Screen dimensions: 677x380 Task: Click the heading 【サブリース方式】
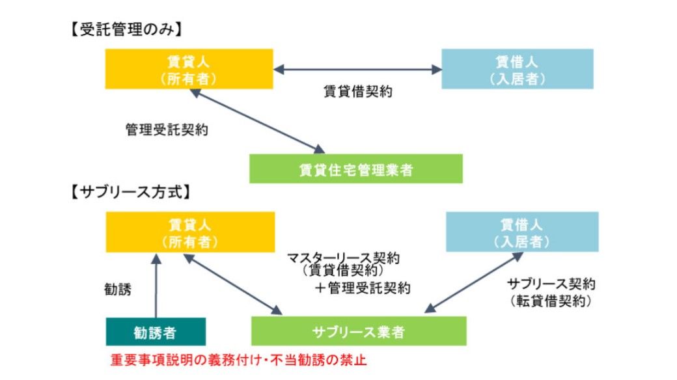pos(130,192)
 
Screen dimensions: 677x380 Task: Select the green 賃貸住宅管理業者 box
pos(356,169)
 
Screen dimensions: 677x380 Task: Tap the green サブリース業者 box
pos(359,331)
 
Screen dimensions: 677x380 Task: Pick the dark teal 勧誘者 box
pos(156,332)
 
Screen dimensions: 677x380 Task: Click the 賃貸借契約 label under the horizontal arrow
pos(358,92)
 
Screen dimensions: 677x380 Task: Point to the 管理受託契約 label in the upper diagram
pos(167,129)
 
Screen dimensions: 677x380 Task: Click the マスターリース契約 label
pos(344,258)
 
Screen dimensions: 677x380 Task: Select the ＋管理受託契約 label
pos(362,288)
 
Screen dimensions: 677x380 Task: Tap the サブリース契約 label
pos(551,284)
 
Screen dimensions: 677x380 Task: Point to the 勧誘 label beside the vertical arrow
pos(117,289)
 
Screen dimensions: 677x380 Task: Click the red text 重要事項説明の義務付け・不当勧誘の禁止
pos(238,360)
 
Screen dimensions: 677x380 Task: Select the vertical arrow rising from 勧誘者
pos(156,286)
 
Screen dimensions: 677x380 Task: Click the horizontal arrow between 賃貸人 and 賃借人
pos(357,69)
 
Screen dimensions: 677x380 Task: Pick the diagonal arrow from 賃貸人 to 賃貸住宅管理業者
pos(257,121)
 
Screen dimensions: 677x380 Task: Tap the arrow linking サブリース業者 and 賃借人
pos(474,282)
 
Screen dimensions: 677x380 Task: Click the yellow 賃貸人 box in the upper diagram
pos(189,69)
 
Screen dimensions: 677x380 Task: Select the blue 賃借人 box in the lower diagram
pos(522,232)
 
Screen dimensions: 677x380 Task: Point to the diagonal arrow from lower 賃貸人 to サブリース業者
pos(233,284)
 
